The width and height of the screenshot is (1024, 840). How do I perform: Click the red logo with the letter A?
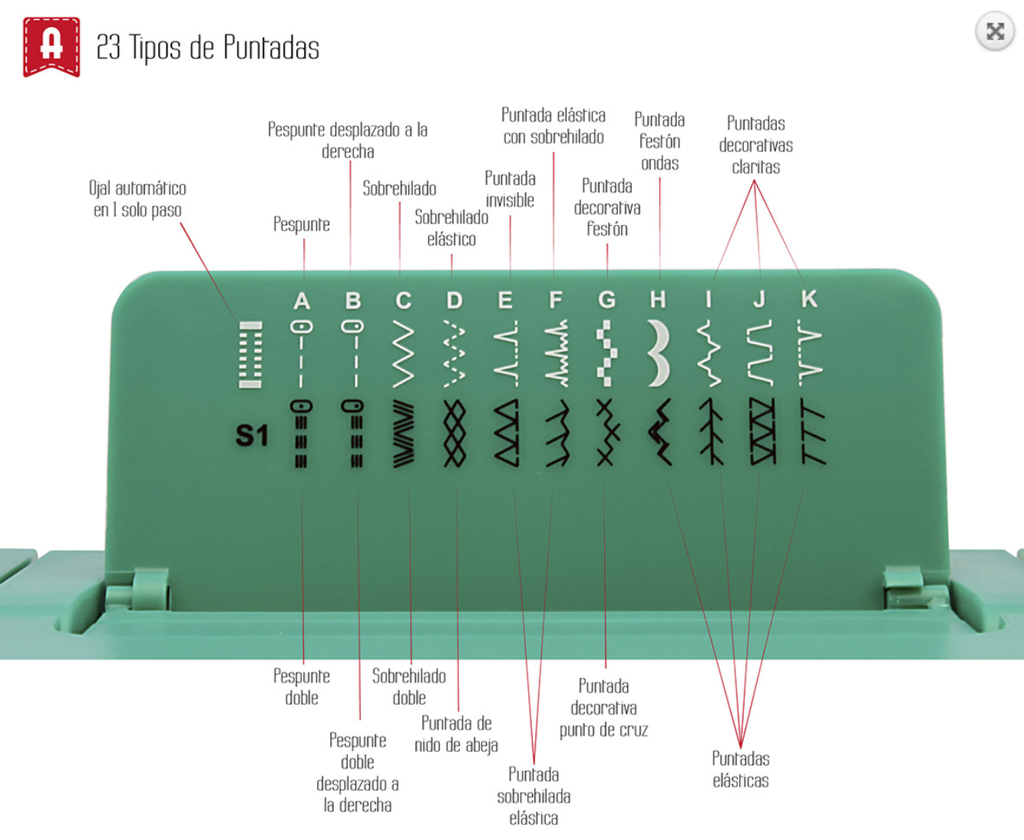pos(51,47)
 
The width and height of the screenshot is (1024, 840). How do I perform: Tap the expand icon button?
pos(995,31)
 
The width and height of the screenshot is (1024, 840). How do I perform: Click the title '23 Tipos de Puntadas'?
pos(208,48)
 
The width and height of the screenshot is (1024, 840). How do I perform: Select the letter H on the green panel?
pos(658,299)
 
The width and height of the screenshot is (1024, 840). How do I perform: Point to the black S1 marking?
pos(252,435)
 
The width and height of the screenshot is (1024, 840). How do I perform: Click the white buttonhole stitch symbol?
pos(250,355)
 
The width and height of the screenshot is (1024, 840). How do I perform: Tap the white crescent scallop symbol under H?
pos(659,353)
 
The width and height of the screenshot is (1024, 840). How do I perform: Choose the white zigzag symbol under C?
pos(404,354)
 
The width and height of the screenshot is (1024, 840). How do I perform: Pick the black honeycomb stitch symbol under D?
pos(454,434)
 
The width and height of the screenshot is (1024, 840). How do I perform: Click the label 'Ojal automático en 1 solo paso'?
pos(137,199)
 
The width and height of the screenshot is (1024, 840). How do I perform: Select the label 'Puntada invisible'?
pos(510,190)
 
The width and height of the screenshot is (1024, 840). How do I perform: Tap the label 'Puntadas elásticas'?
pos(741,769)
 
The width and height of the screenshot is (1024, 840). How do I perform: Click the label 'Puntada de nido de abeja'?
pos(456,734)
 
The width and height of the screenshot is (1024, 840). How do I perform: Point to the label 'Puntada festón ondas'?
pos(659,141)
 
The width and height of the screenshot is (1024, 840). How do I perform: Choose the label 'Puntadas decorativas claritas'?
pos(755,145)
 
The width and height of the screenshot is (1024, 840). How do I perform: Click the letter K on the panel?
pos(809,299)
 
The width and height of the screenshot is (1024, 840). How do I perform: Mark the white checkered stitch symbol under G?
pos(607,353)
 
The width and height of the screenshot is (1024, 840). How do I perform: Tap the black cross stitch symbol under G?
pos(608,432)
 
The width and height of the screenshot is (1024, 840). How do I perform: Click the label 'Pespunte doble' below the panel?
pos(302,687)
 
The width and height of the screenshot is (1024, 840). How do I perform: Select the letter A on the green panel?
pos(302,301)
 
